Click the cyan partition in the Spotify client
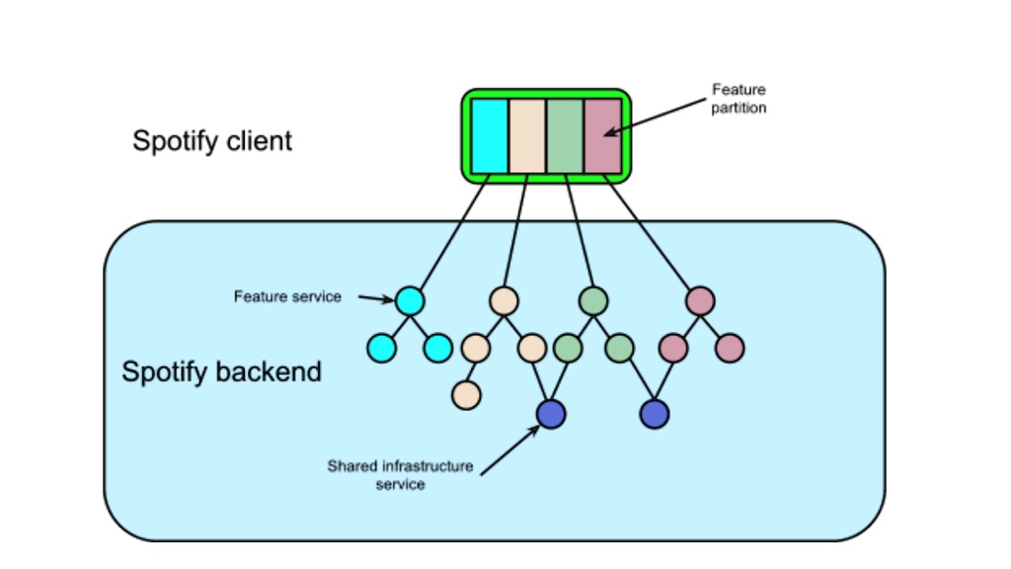point(489,135)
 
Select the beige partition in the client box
point(526,135)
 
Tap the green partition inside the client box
point(565,135)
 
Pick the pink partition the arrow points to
point(602,135)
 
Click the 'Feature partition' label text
point(739,99)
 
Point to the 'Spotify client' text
point(212,141)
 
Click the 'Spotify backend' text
point(221,372)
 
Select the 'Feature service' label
point(287,296)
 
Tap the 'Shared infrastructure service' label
point(400,475)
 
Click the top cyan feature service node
point(410,300)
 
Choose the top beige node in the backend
point(504,300)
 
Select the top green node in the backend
point(593,300)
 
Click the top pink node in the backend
point(700,300)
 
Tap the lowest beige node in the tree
point(466,395)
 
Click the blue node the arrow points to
point(551,414)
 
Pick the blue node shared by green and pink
point(655,414)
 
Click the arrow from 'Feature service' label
point(376,297)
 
